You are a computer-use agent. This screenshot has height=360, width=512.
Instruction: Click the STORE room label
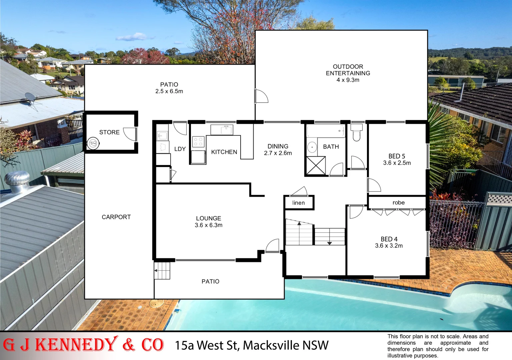coord(109,132)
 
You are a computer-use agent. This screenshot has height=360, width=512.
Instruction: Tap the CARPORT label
coord(116,217)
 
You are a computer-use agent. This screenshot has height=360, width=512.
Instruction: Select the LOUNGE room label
coord(208,218)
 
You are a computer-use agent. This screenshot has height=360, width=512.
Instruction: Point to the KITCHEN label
coord(224,152)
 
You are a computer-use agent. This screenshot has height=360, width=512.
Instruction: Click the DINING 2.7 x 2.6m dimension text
coord(278,153)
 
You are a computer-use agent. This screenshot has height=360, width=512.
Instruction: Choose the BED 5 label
coord(397,156)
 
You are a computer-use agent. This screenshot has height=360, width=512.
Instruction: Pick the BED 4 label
coord(389,239)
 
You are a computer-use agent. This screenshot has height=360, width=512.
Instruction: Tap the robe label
coord(398,203)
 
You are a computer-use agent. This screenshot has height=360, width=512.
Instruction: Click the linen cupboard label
coord(298,203)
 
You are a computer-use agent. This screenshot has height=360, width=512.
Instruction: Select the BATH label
coord(331,147)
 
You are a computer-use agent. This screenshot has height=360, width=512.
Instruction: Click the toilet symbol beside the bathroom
coord(356,132)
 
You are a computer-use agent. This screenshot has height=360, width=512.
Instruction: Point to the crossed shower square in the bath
coord(316,165)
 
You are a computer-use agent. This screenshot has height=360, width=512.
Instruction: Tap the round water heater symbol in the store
coord(93,144)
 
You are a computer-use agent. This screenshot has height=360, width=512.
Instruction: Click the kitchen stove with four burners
coord(198,142)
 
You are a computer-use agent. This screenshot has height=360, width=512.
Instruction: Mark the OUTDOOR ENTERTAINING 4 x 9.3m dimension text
coord(348,80)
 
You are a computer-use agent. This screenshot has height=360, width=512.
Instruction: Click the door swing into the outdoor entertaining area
coord(261,96)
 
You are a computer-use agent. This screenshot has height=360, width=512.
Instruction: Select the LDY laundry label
coord(180,149)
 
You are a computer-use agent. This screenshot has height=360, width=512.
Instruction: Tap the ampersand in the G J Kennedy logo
coord(129,345)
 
